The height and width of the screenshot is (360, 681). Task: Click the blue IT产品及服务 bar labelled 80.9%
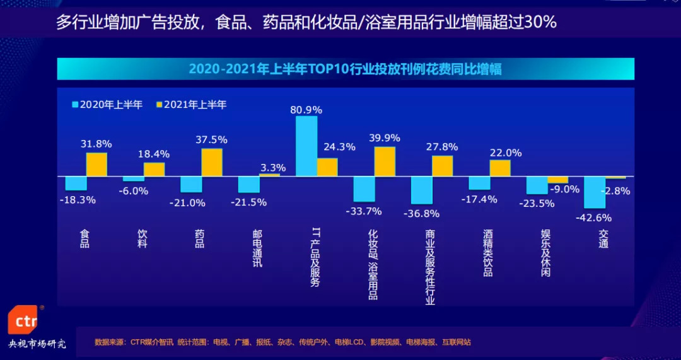pos(306,146)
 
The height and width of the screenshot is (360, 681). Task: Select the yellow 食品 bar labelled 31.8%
pos(96,165)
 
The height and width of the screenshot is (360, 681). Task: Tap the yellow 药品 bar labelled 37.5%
pos(212,163)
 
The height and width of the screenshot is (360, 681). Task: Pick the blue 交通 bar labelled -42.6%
pos(595,192)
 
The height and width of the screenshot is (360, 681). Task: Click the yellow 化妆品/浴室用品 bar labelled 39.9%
pos(385,161)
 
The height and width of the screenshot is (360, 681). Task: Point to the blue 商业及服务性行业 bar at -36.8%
pos(422,190)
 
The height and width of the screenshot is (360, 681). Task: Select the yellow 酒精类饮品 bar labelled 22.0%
pos(500,168)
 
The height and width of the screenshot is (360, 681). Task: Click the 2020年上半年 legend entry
pos(108,105)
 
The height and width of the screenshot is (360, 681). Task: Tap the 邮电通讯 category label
pos(257,248)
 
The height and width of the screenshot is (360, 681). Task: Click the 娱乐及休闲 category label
pos(546,253)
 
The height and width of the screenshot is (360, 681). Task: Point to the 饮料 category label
pos(143,238)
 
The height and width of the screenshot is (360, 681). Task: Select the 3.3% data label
pos(273,168)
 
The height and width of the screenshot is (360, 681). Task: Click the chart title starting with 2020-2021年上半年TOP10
pos(346,69)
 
